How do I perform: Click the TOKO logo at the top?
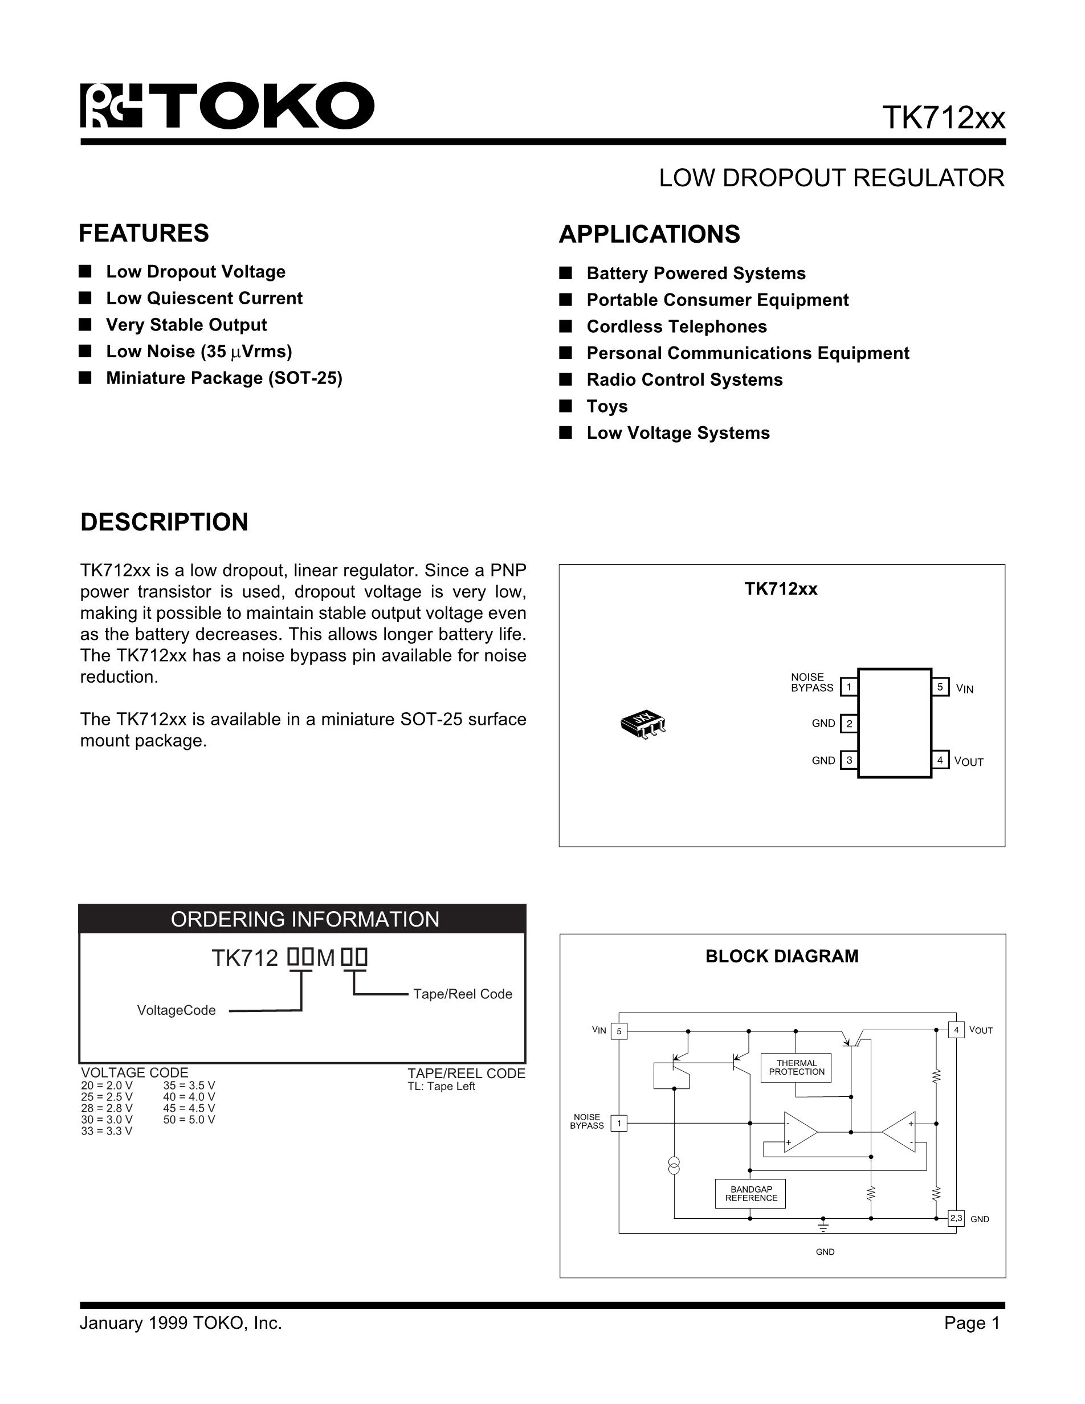pyautogui.click(x=226, y=105)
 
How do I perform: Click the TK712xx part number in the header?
pyautogui.click(x=943, y=117)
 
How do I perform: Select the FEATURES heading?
pyautogui.click(x=144, y=234)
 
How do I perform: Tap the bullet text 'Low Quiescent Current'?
pyautogui.click(x=204, y=298)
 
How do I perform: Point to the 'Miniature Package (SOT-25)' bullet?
pyautogui.click(x=224, y=378)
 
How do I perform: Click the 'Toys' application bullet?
pyautogui.click(x=607, y=406)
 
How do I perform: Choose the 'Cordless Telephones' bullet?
pyautogui.click(x=676, y=326)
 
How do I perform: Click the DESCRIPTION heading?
pyautogui.click(x=164, y=522)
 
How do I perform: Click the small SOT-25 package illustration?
pyautogui.click(x=643, y=724)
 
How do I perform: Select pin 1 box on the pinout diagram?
pyautogui.click(x=849, y=687)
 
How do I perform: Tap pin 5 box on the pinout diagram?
pyautogui.click(x=940, y=687)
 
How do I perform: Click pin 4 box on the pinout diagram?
pyautogui.click(x=940, y=761)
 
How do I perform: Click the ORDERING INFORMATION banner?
pyautogui.click(x=305, y=919)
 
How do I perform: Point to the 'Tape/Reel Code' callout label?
pyautogui.click(x=462, y=994)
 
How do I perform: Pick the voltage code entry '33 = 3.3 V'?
pyautogui.click(x=107, y=1131)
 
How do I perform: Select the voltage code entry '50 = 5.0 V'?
pyautogui.click(x=189, y=1119)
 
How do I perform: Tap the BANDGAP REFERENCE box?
pyautogui.click(x=750, y=1194)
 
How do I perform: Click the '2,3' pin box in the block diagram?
pyautogui.click(x=956, y=1218)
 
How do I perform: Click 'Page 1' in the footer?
pyautogui.click(x=971, y=1323)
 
